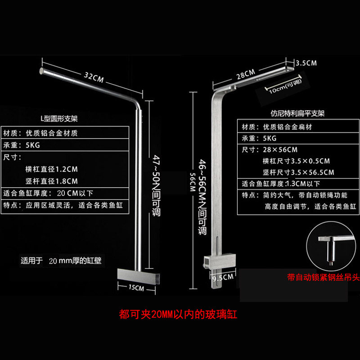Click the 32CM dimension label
tap(93, 77)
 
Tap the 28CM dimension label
tap(246, 72)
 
